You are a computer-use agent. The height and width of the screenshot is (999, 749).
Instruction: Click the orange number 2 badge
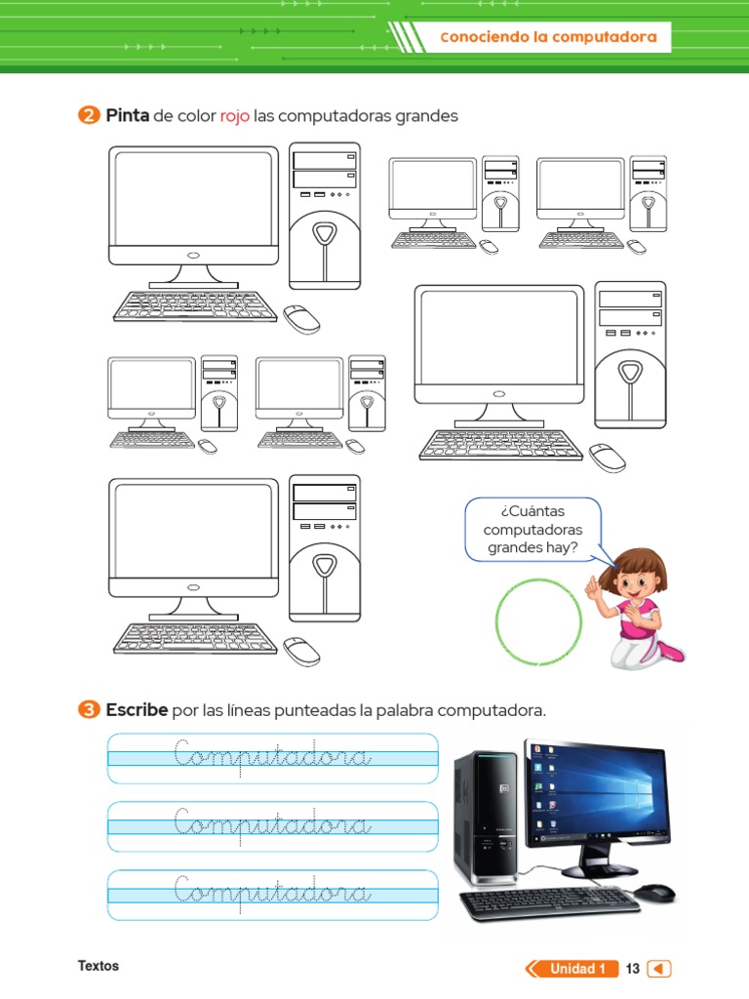pos(88,116)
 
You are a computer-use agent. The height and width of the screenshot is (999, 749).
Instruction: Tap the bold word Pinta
pos(127,116)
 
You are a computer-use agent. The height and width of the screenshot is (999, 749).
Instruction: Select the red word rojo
pos(235,116)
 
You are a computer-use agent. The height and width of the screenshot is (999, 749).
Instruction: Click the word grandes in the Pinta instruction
pos(426,116)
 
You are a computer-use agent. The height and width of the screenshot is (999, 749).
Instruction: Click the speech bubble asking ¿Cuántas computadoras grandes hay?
pos(532,530)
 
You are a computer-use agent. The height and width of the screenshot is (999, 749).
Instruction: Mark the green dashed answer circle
pos(538,619)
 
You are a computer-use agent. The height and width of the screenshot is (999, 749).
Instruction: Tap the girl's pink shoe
pos(670,650)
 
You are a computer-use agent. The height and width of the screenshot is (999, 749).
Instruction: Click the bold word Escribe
pos(137,709)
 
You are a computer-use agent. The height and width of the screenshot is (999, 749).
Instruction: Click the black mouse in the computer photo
pos(653,892)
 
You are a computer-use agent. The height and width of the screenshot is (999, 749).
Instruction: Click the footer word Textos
pos(99,966)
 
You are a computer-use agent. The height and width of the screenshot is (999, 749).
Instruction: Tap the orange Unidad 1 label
pos(576,969)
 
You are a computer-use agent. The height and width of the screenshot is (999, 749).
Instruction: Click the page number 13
pos(633,969)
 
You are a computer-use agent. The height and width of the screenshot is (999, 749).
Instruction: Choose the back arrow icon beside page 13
pos(660,969)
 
